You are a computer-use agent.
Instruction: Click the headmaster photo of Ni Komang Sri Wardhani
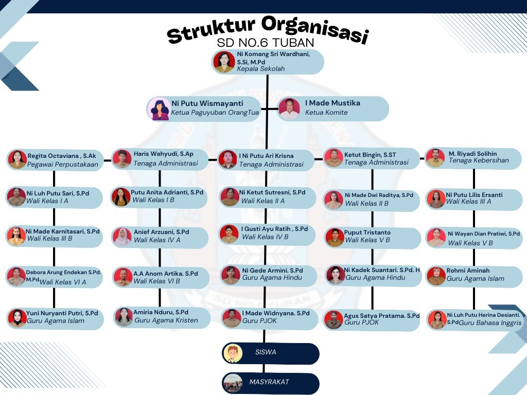224,62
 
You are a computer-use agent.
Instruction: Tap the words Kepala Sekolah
261,69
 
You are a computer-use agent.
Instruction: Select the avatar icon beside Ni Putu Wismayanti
160,109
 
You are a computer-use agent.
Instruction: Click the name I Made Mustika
332,103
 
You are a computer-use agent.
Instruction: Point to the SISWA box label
266,352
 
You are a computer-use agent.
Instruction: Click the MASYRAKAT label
269,382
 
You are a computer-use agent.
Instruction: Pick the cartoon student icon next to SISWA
233,353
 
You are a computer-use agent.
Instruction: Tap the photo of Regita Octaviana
17,159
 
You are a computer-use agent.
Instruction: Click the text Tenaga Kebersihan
479,160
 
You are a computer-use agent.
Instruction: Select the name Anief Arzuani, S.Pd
161,232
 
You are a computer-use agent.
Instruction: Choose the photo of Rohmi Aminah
436,276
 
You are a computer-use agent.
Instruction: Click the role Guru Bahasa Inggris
490,323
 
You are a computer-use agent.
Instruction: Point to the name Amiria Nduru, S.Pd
161,312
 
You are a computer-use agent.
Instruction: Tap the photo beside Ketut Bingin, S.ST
333,158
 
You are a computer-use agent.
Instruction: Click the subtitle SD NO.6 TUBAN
266,43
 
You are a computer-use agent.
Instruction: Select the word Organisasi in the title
315,29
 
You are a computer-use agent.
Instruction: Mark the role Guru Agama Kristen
166,320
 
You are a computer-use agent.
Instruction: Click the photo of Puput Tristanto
335,238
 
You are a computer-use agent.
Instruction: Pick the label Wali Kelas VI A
63,282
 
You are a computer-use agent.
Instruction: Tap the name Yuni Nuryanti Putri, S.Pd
62,313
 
